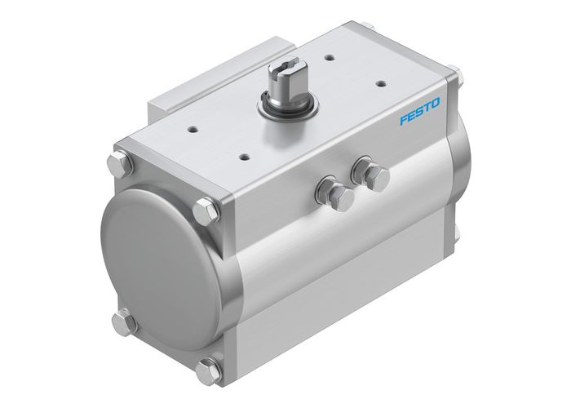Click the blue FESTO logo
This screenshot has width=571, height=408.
click(x=419, y=113)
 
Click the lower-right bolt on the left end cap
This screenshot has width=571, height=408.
click(x=209, y=370)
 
